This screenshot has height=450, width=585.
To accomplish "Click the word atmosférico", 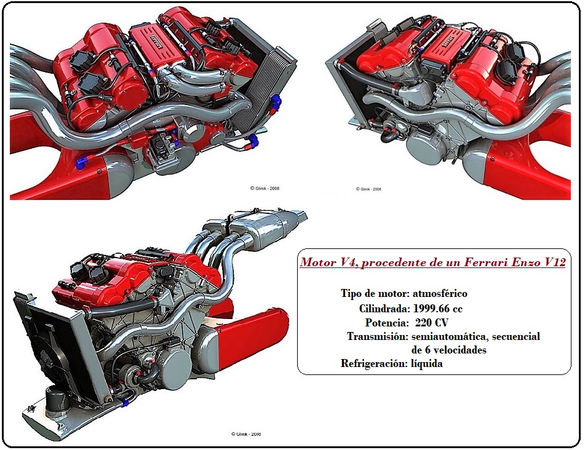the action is tap(440, 293).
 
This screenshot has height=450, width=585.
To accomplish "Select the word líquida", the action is tap(427, 363).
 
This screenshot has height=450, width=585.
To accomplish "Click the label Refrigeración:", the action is tap(374, 363).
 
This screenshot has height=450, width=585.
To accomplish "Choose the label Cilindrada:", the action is tap(384, 309).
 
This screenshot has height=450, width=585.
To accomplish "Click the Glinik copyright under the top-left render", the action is tap(265, 188).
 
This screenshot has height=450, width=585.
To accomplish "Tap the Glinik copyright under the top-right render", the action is tap(368, 189).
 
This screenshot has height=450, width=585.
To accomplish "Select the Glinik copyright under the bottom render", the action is tap(246, 434).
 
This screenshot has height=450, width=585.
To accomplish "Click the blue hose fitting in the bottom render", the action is tap(122, 401).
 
